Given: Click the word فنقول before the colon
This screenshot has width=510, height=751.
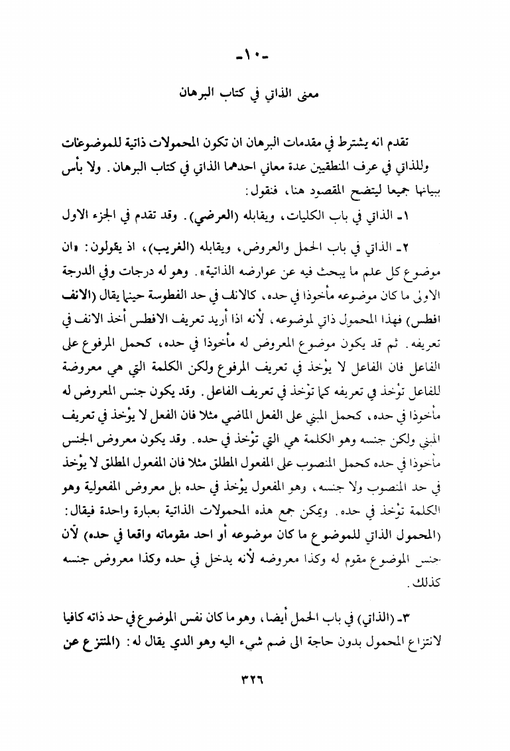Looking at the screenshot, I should (260, 192).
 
